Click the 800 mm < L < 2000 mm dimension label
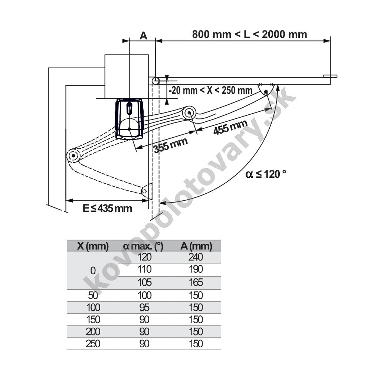tap(249, 35)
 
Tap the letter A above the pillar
tap(144, 36)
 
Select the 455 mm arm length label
tap(230, 127)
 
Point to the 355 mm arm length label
tap(171, 145)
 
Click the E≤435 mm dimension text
tap(107, 209)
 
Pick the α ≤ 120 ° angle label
tap(266, 174)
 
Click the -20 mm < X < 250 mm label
tap(211, 91)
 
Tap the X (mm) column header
tap(93, 246)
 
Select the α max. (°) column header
tap(143, 246)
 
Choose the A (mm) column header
tap(196, 246)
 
